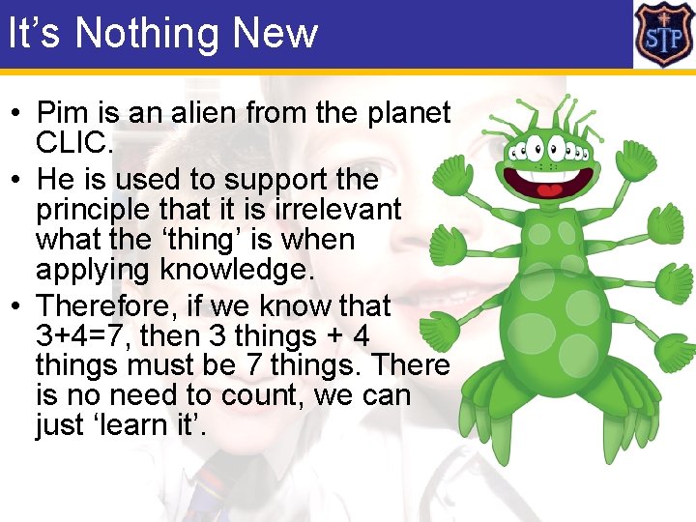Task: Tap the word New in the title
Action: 275,33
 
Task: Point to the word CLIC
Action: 72,143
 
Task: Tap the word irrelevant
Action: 339,209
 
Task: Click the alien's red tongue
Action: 550,189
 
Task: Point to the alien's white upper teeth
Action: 551,171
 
